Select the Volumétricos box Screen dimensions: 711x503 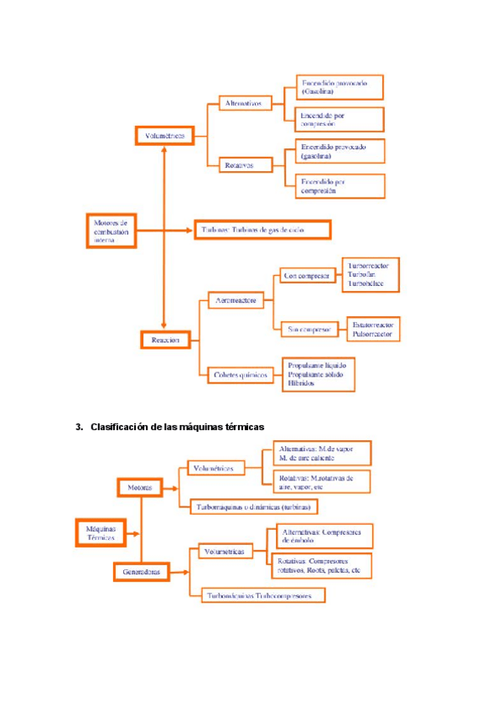[x=164, y=135]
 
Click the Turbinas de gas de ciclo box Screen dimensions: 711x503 [x=262, y=229]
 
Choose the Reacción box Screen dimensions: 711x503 [x=165, y=340]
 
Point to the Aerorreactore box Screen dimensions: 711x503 [x=236, y=299]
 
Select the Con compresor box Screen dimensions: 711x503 [x=306, y=275]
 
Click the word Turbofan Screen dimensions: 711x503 [x=361, y=275]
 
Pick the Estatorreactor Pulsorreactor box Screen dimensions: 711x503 [x=373, y=329]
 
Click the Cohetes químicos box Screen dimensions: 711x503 [x=242, y=375]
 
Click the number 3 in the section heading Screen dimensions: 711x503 [x=78, y=427]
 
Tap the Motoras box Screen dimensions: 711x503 [x=139, y=486]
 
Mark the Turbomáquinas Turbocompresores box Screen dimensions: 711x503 [x=262, y=595]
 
